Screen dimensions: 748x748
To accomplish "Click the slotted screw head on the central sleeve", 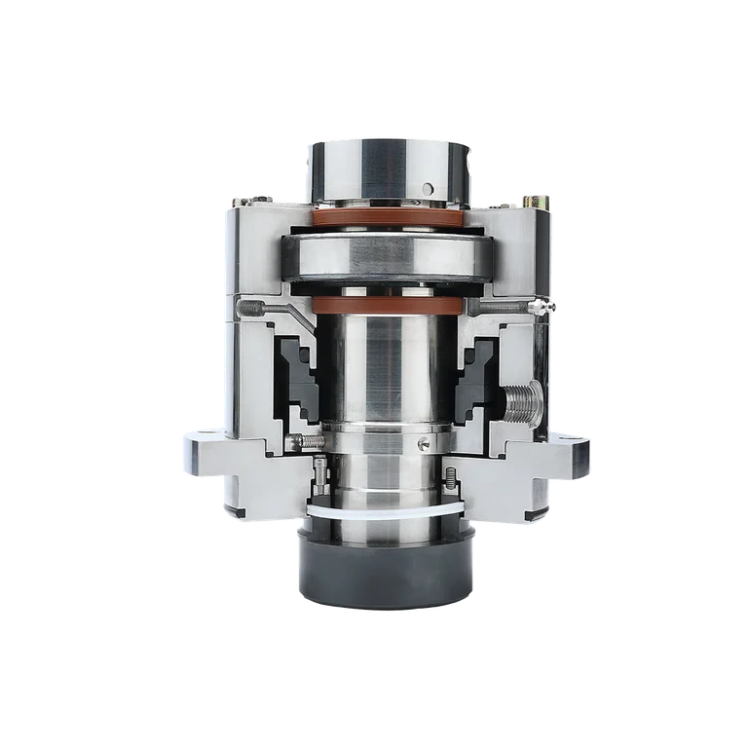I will point(422,443).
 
